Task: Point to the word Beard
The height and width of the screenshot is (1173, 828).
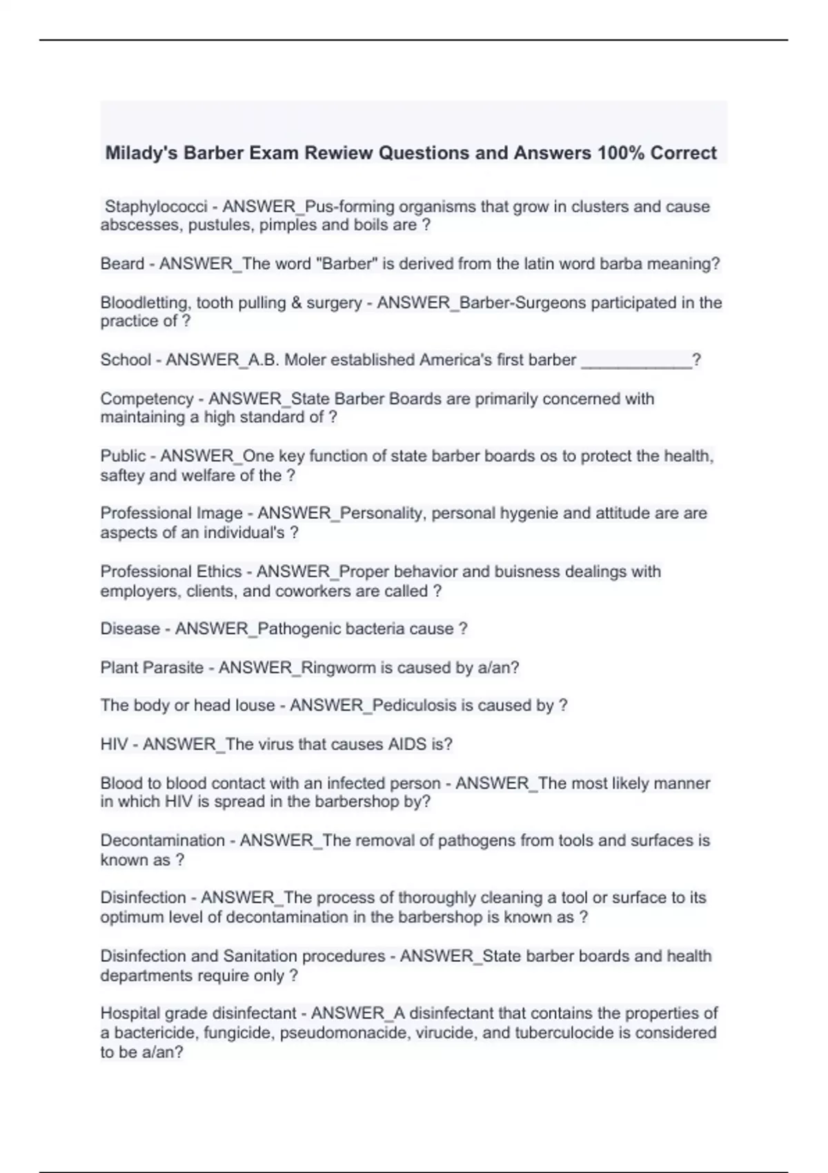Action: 121,264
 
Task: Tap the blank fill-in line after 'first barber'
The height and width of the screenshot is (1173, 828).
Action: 636,360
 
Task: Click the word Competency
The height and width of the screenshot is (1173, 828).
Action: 147,399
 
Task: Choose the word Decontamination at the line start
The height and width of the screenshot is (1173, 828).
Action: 162,840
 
